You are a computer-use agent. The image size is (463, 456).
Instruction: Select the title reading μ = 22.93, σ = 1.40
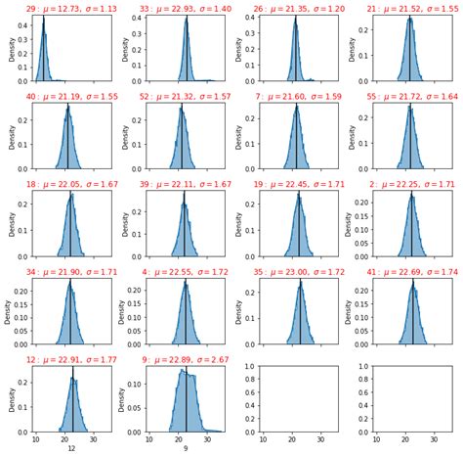click(x=186, y=9)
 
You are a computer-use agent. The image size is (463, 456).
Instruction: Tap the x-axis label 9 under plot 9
click(x=186, y=447)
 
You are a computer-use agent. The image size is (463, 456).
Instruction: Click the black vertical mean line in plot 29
click(x=44, y=49)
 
